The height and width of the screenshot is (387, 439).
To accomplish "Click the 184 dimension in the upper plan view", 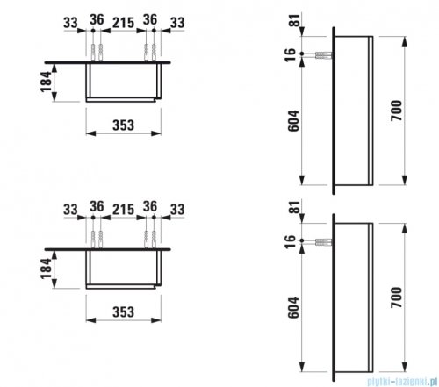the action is pyautogui.click(x=46, y=82).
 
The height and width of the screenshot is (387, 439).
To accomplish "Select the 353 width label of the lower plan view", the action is pyautogui.click(x=124, y=312).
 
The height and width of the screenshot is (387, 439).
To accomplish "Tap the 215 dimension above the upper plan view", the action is pyautogui.click(x=124, y=23).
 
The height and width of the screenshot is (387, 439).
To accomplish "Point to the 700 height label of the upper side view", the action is pyautogui.click(x=397, y=111).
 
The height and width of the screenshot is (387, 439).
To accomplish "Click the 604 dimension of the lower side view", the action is pyautogui.click(x=293, y=308).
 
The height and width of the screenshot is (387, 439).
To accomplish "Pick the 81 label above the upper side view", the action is pyautogui.click(x=295, y=20).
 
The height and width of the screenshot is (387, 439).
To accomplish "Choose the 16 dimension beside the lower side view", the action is pyautogui.click(x=290, y=241).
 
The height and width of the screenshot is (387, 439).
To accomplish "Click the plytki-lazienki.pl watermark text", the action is pyautogui.click(x=402, y=382).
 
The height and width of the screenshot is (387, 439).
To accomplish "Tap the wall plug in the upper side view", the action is pyautogui.click(x=324, y=54).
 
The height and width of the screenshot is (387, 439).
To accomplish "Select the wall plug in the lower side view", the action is pyautogui.click(x=324, y=241).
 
